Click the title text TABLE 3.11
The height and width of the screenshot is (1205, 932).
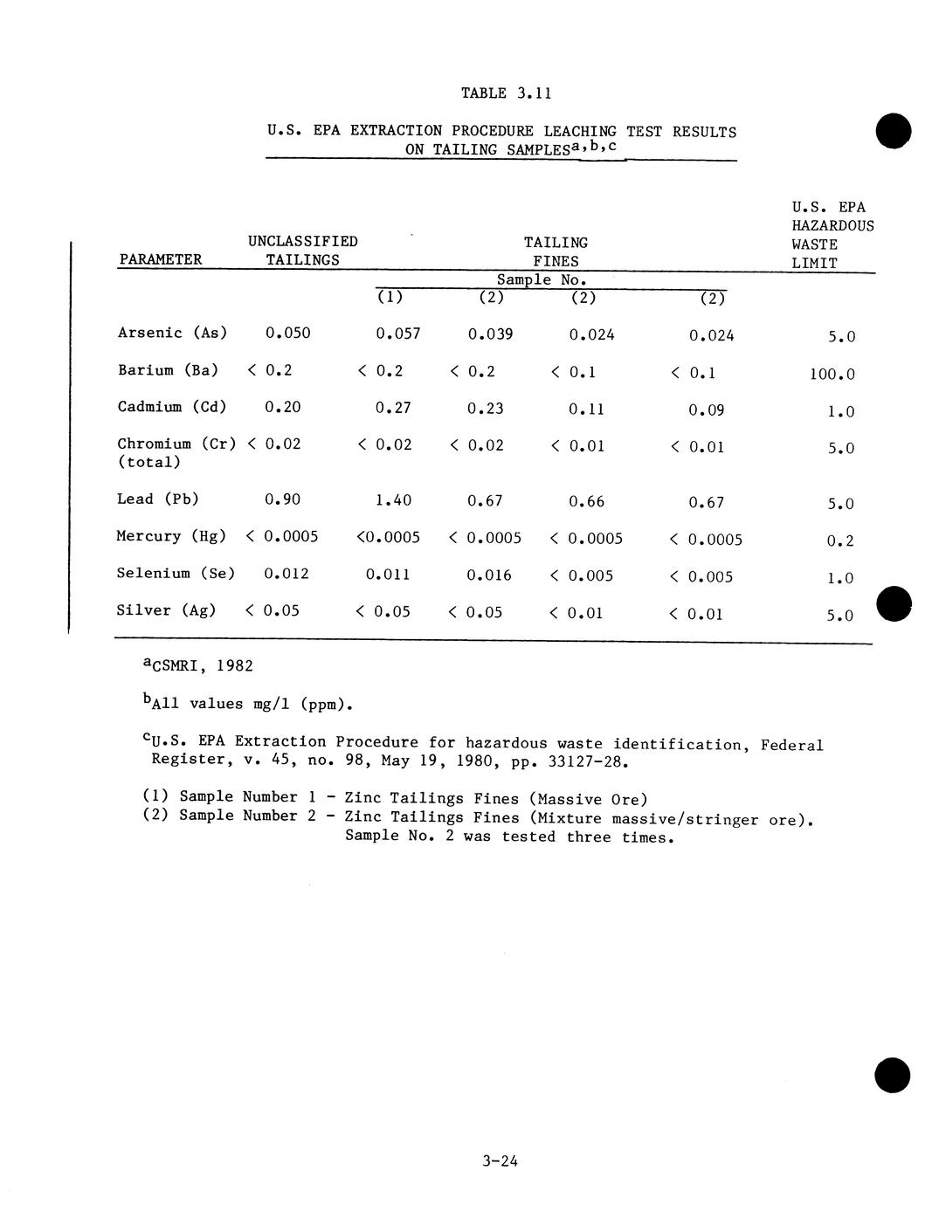point(506,93)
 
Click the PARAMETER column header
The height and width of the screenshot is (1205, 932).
point(160,259)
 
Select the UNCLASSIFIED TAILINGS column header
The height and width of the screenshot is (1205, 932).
point(302,251)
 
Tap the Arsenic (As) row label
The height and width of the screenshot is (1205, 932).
point(172,333)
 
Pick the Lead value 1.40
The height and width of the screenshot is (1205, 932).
point(393,500)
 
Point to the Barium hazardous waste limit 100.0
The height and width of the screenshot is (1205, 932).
point(832,375)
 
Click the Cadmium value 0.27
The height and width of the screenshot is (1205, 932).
point(393,408)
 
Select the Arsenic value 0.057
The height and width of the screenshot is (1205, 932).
point(397,334)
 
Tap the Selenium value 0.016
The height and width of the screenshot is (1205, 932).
point(489,575)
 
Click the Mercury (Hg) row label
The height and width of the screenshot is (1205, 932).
point(171,536)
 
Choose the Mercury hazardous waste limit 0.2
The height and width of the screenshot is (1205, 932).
point(840,541)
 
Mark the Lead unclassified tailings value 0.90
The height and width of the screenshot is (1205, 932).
point(282,499)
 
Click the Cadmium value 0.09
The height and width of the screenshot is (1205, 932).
point(706,410)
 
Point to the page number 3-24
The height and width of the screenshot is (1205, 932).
point(500,1161)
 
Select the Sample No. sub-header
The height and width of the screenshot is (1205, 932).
point(542,280)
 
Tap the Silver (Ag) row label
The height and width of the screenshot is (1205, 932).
point(166,610)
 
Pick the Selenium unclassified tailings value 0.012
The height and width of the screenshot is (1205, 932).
point(287,574)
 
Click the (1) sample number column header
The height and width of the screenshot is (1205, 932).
point(390,297)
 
